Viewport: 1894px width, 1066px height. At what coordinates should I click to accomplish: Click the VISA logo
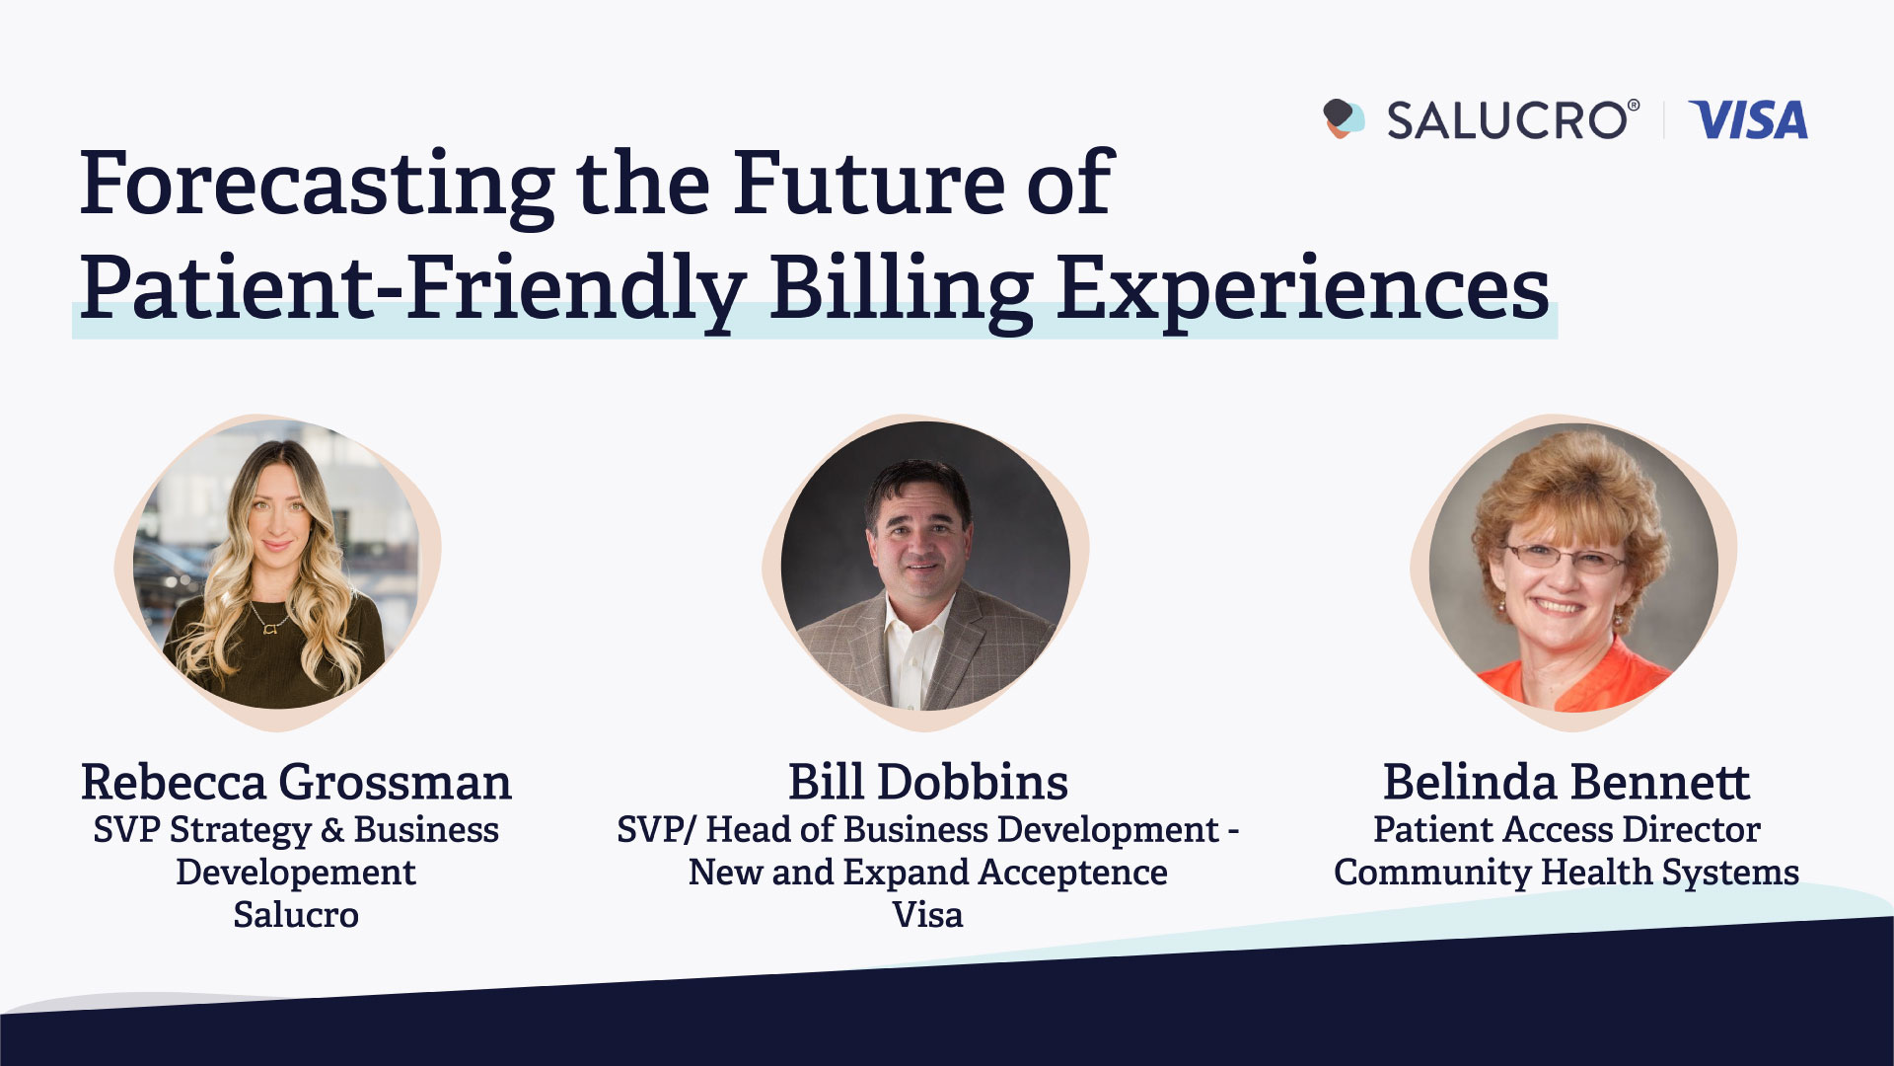pyautogui.click(x=1748, y=119)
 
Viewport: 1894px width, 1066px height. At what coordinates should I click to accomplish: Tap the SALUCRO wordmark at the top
pyautogui.click(x=1513, y=120)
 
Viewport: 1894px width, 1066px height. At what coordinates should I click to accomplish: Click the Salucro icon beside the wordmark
pyautogui.click(x=1344, y=118)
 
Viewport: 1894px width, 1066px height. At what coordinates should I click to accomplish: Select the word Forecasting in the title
pyautogui.click(x=318, y=186)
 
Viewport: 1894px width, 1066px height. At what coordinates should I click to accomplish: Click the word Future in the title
pyautogui.click(x=868, y=184)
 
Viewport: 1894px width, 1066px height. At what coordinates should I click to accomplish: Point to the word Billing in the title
pyautogui.click(x=902, y=290)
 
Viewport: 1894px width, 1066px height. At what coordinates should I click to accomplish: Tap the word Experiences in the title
pyautogui.click(x=1303, y=290)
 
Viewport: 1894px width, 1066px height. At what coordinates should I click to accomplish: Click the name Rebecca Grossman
pyautogui.click(x=296, y=782)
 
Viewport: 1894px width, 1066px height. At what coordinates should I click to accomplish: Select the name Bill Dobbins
pyautogui.click(x=927, y=782)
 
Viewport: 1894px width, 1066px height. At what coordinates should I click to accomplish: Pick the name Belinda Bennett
pyautogui.click(x=1566, y=782)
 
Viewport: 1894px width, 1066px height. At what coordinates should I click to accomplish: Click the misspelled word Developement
pyautogui.click(x=296, y=873)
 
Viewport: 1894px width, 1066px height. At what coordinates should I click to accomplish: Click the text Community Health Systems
pyautogui.click(x=1566, y=873)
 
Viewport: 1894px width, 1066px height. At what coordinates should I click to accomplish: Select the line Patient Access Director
pyautogui.click(x=1566, y=830)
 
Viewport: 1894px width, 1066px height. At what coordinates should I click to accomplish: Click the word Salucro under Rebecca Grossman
pyautogui.click(x=296, y=915)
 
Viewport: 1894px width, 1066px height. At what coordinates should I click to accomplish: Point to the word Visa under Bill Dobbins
pyautogui.click(x=927, y=915)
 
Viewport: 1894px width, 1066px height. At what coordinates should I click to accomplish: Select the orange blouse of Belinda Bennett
pyautogui.click(x=1568, y=676)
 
